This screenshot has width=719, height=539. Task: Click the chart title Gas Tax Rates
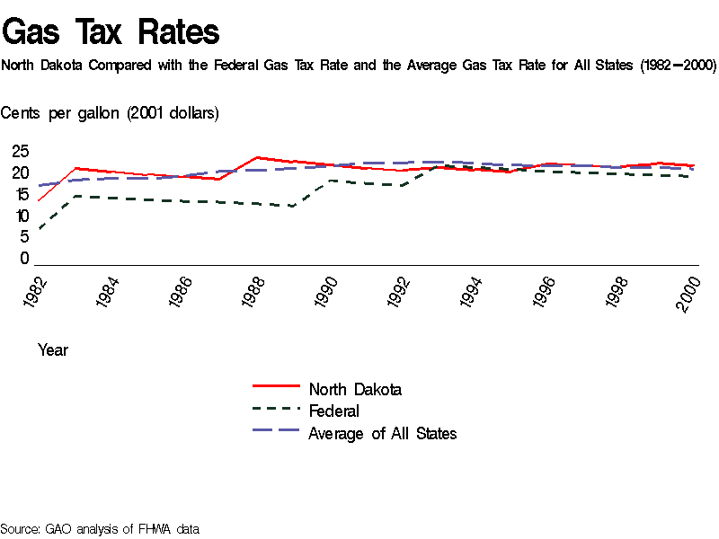pos(111,32)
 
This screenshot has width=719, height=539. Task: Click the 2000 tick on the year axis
pos(690,293)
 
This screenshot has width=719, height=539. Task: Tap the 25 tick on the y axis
pos(20,151)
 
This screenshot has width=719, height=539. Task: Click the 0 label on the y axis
pos(25,259)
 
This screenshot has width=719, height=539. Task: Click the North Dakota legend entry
pos(355,389)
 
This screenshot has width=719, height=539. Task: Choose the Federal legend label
pos(333,411)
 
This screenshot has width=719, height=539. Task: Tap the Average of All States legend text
pos(383,434)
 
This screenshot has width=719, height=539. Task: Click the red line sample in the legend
pos(276,384)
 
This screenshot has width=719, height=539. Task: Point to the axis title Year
pos(53,350)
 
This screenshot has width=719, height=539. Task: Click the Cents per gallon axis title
pos(110,112)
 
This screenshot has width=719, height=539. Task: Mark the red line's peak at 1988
pos(259,157)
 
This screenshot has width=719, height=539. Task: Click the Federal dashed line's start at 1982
pos(39,230)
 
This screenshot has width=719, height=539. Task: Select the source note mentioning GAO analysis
pos(100,528)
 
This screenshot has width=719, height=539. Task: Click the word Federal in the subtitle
pos(237,66)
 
